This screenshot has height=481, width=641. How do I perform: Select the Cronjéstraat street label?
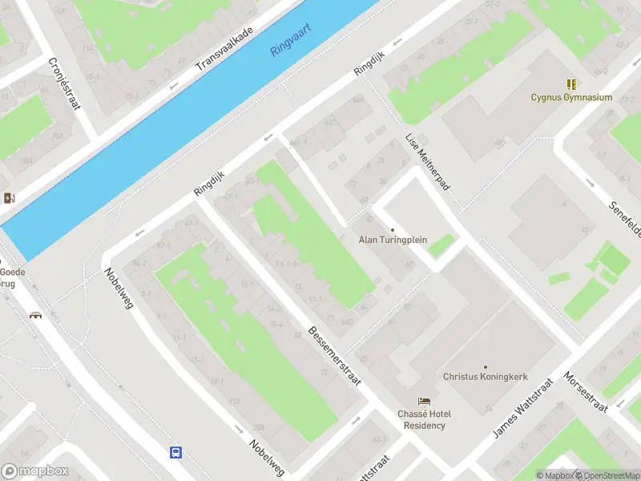point(64,84)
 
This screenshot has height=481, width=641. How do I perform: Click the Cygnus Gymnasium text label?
point(571,98)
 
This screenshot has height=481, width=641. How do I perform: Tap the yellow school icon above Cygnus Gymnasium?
point(571,84)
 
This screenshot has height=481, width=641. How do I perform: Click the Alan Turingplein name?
point(393,240)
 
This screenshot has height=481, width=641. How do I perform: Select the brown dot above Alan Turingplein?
point(393,229)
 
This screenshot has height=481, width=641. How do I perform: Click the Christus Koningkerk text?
point(485,376)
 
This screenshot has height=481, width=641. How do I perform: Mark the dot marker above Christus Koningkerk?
point(485,366)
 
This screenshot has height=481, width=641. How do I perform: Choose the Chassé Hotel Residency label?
point(424,419)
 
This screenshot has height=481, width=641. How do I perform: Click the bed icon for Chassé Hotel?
point(424,401)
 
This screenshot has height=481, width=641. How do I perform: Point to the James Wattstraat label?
point(522,408)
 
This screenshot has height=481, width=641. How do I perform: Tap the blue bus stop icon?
point(175,452)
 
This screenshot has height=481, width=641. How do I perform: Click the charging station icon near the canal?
point(9,198)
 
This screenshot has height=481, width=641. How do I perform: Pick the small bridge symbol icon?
point(35,315)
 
